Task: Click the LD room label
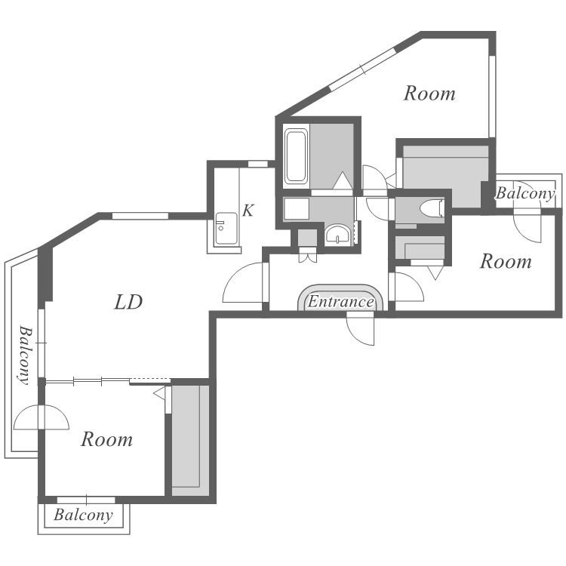(128, 302)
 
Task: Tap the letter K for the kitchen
(248, 211)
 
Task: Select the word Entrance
(340, 302)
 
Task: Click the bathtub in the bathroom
(296, 156)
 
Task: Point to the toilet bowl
(432, 208)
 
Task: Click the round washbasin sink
(337, 235)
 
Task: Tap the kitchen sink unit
(226, 228)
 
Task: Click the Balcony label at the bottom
(83, 515)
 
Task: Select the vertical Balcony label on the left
(25, 355)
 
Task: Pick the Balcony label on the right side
(524, 193)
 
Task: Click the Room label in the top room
(429, 94)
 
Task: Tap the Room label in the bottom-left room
(107, 439)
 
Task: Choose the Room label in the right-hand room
(506, 261)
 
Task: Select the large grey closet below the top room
(445, 177)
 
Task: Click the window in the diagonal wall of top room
(363, 69)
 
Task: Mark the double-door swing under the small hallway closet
(308, 255)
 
